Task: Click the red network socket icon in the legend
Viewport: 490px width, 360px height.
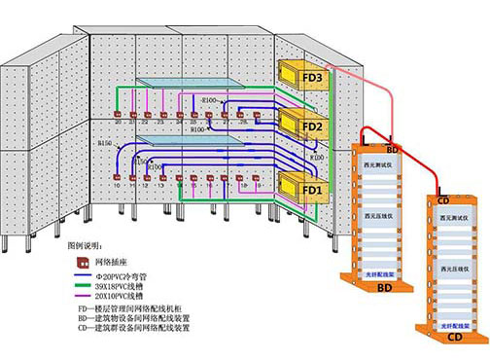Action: tap(86, 262)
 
